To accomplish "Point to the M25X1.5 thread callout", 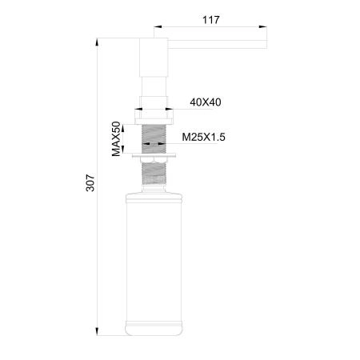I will point(203,138).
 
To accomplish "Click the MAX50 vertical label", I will point(116,138).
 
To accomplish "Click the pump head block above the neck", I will point(154,56).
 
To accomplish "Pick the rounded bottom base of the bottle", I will point(154,326).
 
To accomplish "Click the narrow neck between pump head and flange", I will point(154,86).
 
